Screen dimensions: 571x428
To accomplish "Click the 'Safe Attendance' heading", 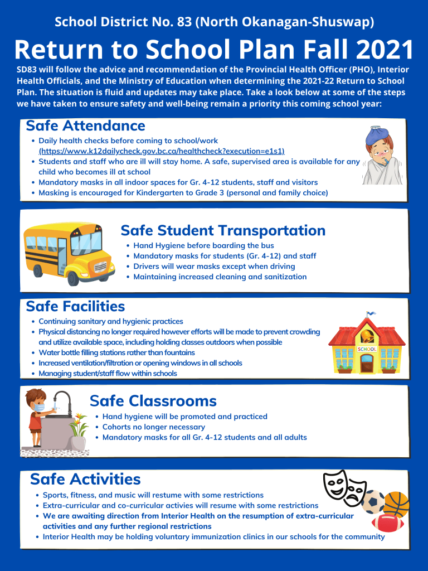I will point(85,126).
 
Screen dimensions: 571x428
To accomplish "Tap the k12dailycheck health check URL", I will point(162,151).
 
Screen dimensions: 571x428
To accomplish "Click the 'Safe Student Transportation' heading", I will point(223,230).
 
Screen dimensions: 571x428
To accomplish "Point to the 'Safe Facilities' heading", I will point(75,306).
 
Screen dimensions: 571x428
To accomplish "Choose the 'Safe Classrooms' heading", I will point(153,400).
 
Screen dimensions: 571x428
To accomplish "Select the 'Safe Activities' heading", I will point(85,479).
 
